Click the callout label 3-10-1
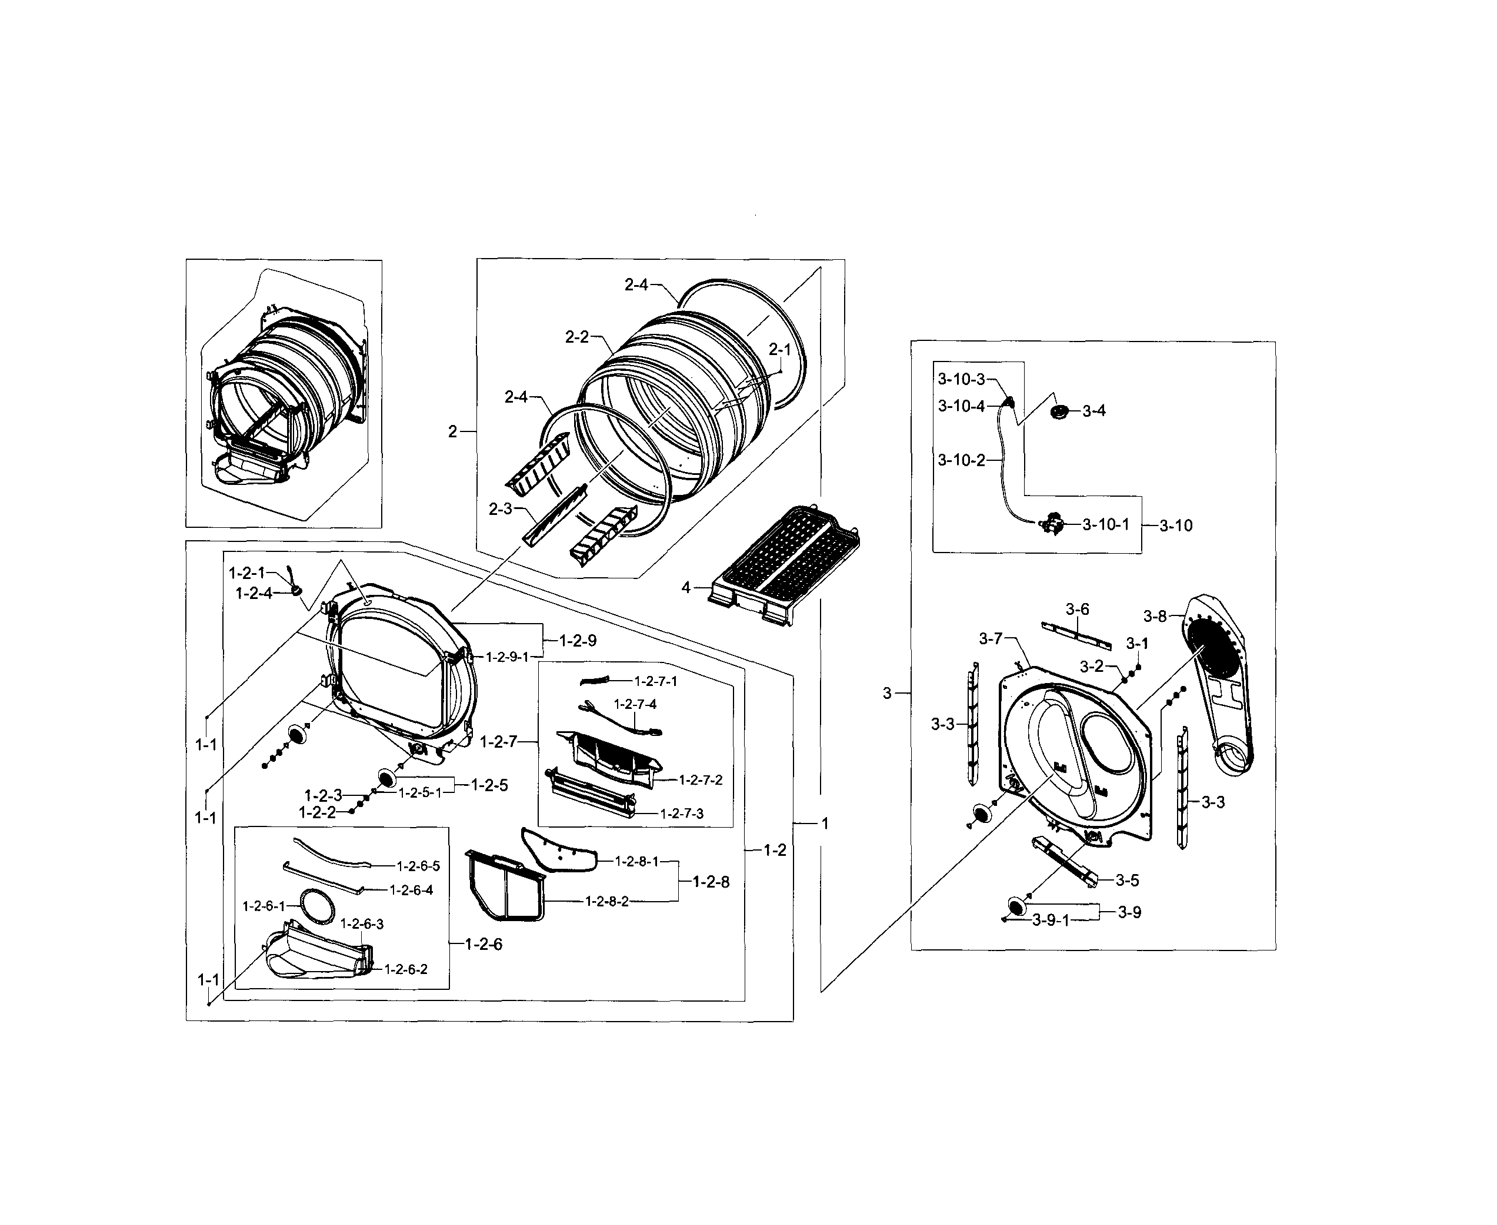pyautogui.click(x=1105, y=524)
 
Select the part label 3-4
pyautogui.click(x=1094, y=411)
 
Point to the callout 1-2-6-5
pyautogui.click(x=418, y=866)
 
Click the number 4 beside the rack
pyautogui.click(x=686, y=587)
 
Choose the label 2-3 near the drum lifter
pyautogui.click(x=500, y=509)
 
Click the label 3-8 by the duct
pyautogui.click(x=1155, y=616)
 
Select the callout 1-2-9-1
pyautogui.click(x=507, y=657)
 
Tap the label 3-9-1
pyautogui.click(x=1051, y=920)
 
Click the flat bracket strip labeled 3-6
pyautogui.click(x=1075, y=634)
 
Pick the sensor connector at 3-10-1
pyautogui.click(x=1053, y=524)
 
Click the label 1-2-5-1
pyautogui.click(x=419, y=792)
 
